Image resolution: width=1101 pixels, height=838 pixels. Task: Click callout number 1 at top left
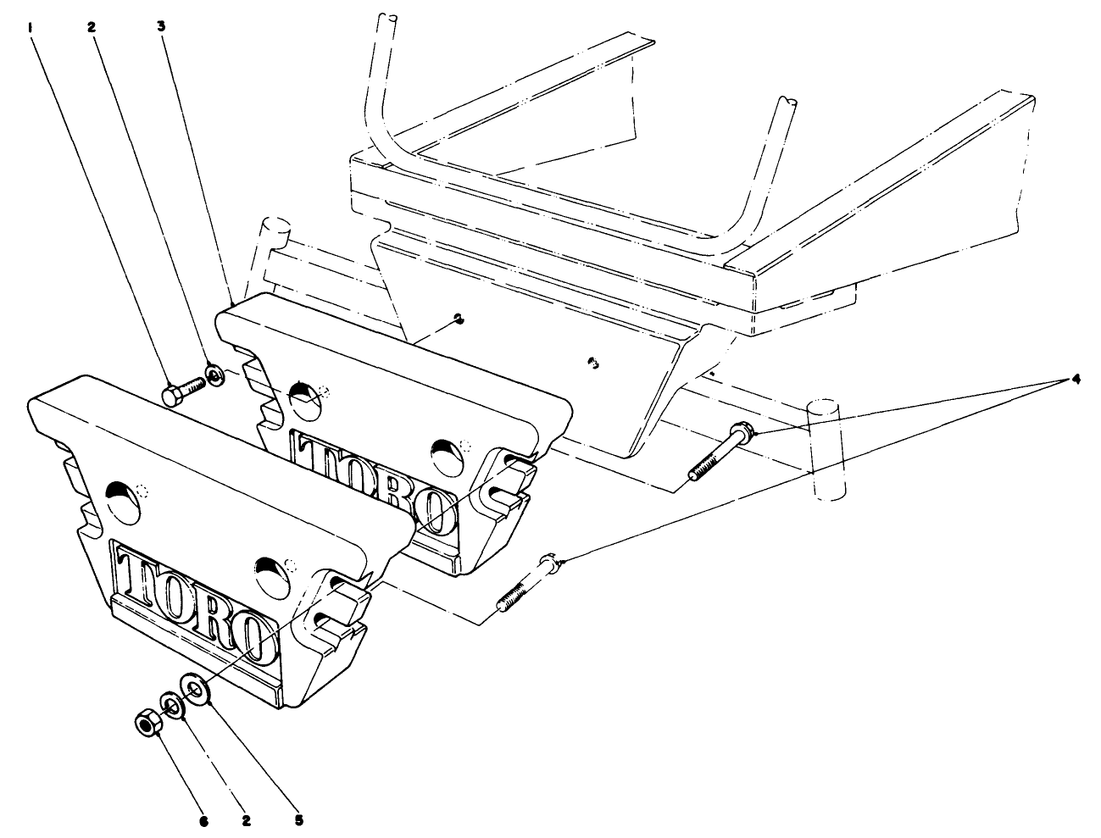coord(31,26)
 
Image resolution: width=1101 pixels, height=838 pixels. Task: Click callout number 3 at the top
coord(161,26)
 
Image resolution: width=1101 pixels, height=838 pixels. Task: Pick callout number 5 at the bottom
coord(298,820)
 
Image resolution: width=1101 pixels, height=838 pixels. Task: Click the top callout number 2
coord(92,26)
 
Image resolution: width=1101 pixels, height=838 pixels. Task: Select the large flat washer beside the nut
coord(197,688)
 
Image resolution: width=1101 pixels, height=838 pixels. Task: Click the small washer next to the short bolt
coord(214,374)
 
